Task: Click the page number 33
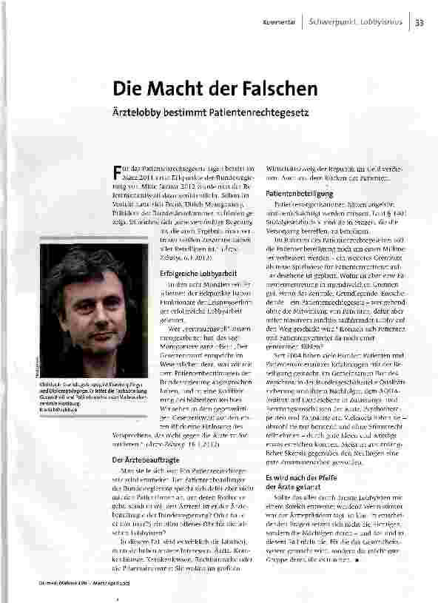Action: click(x=420, y=21)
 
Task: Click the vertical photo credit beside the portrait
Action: click(x=35, y=371)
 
